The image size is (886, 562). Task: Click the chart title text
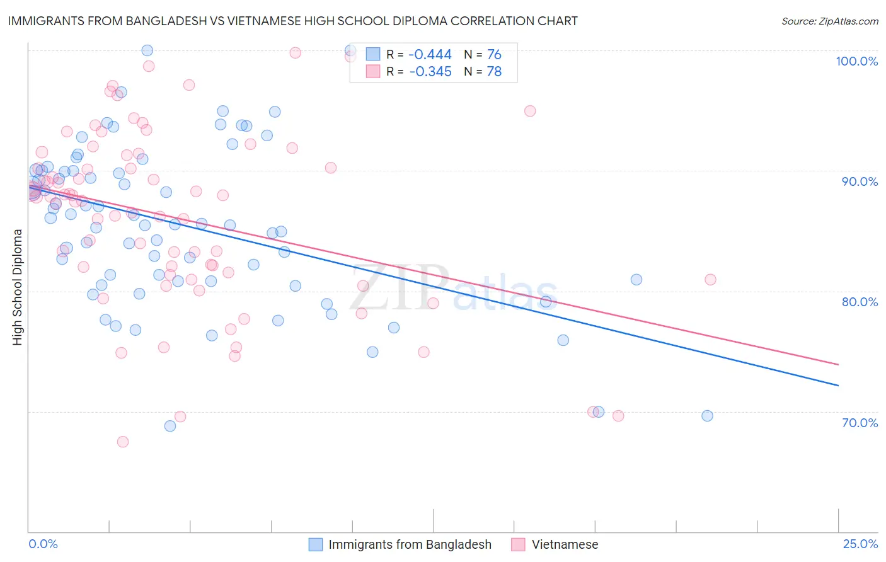point(292,21)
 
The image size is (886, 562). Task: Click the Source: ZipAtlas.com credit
point(829,21)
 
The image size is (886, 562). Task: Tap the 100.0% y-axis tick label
point(856,61)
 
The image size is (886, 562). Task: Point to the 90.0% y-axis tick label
point(860,181)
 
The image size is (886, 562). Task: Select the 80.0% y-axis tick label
point(860,302)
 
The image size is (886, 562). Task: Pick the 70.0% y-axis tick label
point(860,423)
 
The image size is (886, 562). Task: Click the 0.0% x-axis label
point(43,544)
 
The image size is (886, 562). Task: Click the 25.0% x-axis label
point(860,544)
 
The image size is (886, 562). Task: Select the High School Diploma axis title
point(18,287)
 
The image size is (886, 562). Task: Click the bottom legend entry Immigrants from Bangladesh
point(410,544)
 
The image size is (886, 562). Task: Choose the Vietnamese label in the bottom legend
point(565,544)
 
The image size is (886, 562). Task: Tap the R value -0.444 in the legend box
point(430,55)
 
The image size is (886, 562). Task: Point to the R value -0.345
point(430,72)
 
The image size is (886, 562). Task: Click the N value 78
point(494,72)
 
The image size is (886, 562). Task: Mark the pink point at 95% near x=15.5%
point(530,111)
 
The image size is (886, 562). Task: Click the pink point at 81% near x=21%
point(710,280)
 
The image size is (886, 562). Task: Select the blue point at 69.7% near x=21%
point(707,416)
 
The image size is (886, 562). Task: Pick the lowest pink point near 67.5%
point(123,442)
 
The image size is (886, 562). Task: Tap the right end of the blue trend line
point(838,385)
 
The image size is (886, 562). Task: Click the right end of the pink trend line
point(838,364)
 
